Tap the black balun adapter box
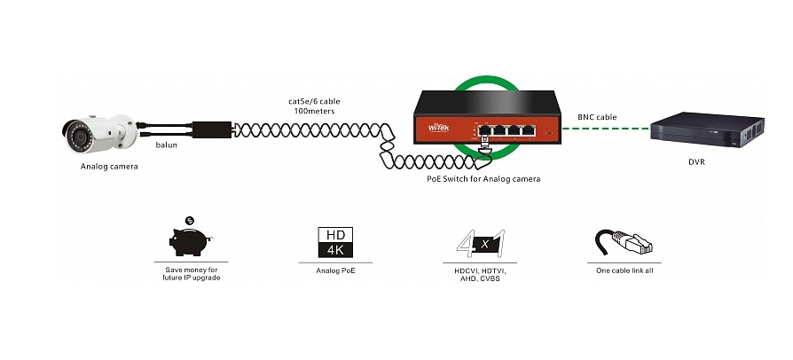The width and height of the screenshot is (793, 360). [212, 130]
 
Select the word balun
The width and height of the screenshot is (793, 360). [167, 145]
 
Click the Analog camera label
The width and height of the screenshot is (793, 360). [109, 166]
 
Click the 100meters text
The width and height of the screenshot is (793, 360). [314, 111]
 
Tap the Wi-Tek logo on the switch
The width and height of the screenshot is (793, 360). [438, 128]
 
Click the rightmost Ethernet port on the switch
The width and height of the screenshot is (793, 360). [528, 130]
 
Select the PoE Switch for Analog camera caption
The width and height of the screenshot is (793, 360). [483, 178]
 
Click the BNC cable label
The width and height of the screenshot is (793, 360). [597, 117]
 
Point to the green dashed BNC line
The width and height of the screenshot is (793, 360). [605, 129]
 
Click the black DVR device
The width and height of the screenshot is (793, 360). [707, 129]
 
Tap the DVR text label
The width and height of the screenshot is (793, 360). [696, 161]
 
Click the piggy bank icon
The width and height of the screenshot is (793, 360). [190, 242]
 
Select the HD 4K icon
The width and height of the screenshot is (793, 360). [335, 243]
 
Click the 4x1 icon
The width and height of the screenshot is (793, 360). [481, 244]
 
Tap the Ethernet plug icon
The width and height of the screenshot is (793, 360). [624, 242]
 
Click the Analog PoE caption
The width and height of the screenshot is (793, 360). [335, 270]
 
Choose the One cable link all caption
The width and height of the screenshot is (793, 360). [624, 270]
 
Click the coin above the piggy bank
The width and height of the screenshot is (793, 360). [189, 221]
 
